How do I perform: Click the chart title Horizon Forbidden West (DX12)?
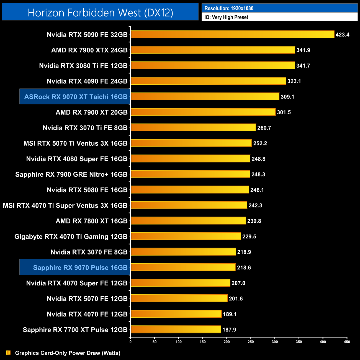[100, 12]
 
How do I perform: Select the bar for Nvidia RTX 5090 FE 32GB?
[232, 34]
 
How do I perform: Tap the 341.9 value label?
[303, 50]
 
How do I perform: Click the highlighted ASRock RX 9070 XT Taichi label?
[76, 97]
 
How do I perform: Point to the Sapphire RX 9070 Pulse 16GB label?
[80, 268]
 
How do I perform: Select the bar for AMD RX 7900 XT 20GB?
[203, 112]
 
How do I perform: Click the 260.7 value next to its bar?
[264, 128]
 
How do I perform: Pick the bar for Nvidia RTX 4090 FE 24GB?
[208, 81]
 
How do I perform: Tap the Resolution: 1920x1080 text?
[229, 8]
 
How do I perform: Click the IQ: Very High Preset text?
[226, 17]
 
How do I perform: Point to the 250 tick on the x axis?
[251, 342]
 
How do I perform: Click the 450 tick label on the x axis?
[347, 342]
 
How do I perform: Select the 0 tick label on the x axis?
[130, 342]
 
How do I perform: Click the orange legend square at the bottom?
[8, 353]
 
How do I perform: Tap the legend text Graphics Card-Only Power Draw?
[68, 353]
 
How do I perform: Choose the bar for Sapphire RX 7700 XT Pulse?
[176, 329]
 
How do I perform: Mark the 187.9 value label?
[229, 330]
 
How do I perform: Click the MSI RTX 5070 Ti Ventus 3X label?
[75, 143]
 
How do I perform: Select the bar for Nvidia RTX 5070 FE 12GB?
[179, 298]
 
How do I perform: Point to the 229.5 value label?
[249, 236]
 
